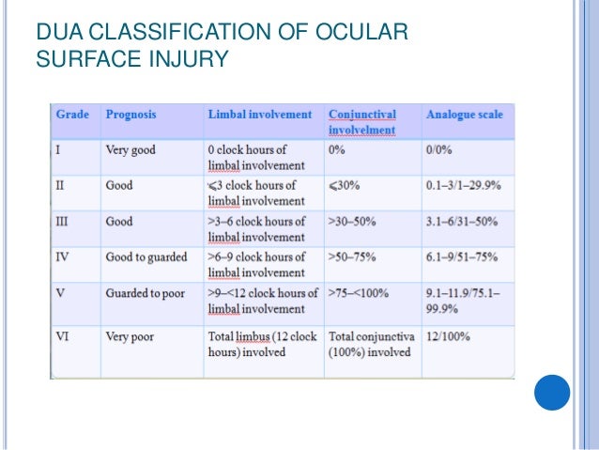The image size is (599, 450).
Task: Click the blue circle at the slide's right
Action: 552,393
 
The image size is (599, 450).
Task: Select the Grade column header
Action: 73,115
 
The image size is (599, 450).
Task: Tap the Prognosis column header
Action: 132,115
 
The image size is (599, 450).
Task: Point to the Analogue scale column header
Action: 464,115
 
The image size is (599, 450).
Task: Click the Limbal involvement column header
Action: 259,115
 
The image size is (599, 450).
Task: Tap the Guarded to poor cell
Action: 146,292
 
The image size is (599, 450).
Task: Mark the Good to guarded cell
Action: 146,257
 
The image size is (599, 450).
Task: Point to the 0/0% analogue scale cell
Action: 443,149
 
